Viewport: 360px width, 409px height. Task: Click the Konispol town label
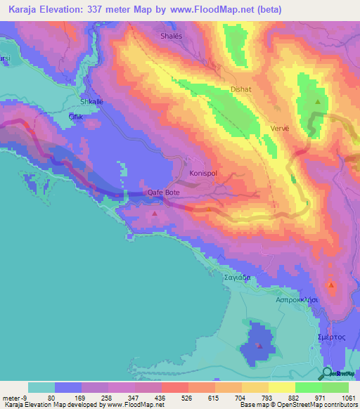click(x=205, y=172)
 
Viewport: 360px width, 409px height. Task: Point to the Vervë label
click(x=280, y=129)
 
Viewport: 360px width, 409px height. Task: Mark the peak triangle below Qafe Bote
click(x=155, y=211)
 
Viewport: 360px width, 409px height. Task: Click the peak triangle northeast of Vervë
click(x=318, y=103)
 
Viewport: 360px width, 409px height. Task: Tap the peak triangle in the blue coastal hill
click(x=259, y=345)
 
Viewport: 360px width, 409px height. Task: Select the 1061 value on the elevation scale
click(x=347, y=396)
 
